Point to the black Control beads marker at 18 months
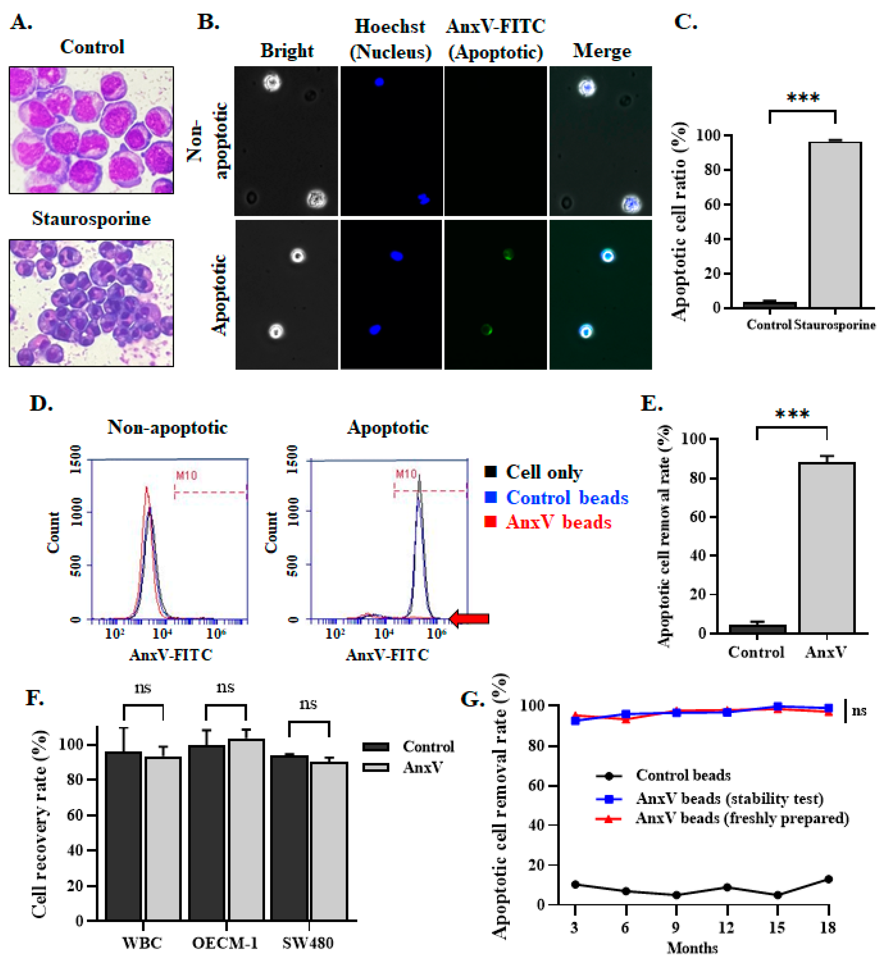[828, 879]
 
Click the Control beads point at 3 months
[575, 885]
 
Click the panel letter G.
[472, 699]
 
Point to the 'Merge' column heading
[602, 51]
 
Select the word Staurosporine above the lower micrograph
[91, 219]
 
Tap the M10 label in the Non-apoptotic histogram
[186, 475]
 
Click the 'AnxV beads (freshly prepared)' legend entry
[742, 818]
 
